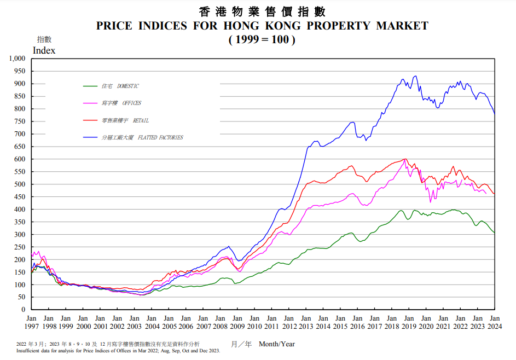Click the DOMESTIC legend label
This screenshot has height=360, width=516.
[x=120, y=86]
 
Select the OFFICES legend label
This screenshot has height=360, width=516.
[x=121, y=103]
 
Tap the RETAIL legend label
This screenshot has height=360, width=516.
[x=125, y=120]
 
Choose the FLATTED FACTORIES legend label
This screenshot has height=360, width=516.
[x=142, y=137]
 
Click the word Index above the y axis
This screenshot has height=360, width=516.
[x=44, y=50]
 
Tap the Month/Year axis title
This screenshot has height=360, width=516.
[x=277, y=344]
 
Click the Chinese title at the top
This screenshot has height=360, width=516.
[x=262, y=11]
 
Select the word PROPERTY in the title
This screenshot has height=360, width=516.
[x=337, y=26]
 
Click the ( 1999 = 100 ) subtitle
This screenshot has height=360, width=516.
[x=262, y=39]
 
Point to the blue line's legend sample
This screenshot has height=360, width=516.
[x=90, y=137]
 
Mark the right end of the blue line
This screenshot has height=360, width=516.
[x=495, y=114]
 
